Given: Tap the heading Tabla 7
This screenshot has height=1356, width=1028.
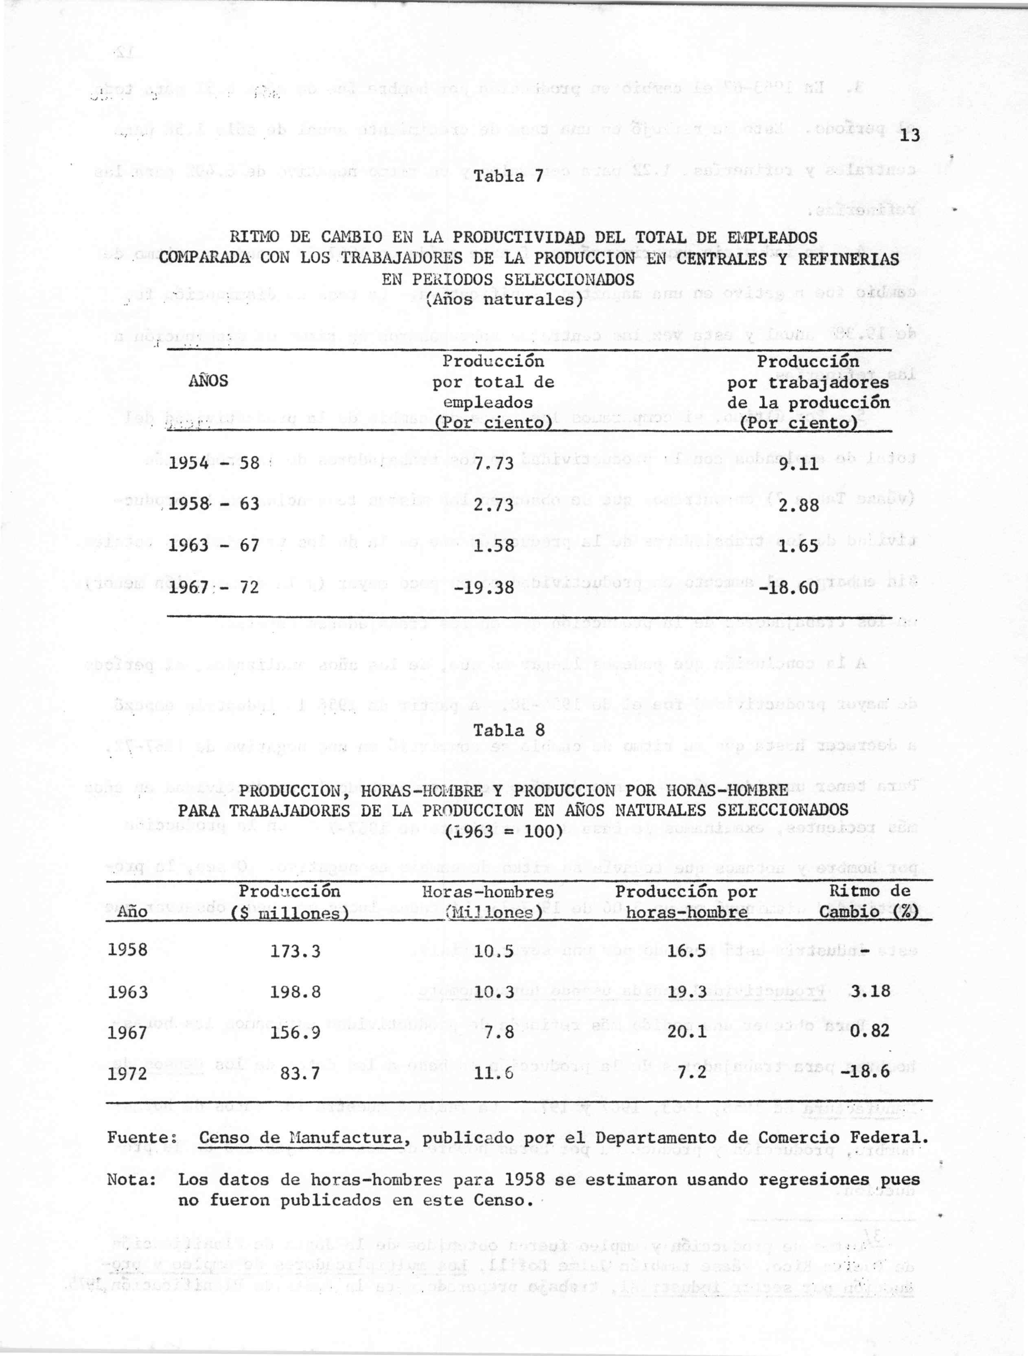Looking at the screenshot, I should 510,178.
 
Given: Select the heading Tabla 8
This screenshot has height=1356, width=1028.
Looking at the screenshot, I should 510,731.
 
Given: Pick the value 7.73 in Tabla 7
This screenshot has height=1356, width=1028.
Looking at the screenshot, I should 494,464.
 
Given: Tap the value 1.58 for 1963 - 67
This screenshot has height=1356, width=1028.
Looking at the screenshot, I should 494,545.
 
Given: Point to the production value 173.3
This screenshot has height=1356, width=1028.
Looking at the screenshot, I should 295,952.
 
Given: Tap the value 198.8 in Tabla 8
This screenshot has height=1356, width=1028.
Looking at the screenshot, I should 295,992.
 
